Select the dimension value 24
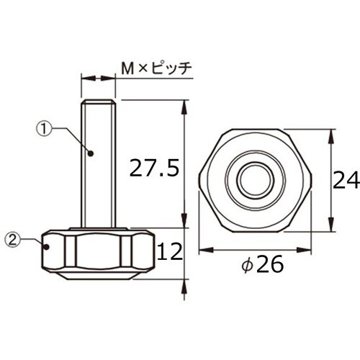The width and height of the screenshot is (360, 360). [346, 180]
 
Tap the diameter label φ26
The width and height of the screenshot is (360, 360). [261, 266]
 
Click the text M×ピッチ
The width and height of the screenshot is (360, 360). [156, 68]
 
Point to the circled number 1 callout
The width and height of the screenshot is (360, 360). [44, 129]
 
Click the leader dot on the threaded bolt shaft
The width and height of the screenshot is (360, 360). [92, 153]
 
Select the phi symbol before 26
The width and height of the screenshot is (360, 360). [246, 266]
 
